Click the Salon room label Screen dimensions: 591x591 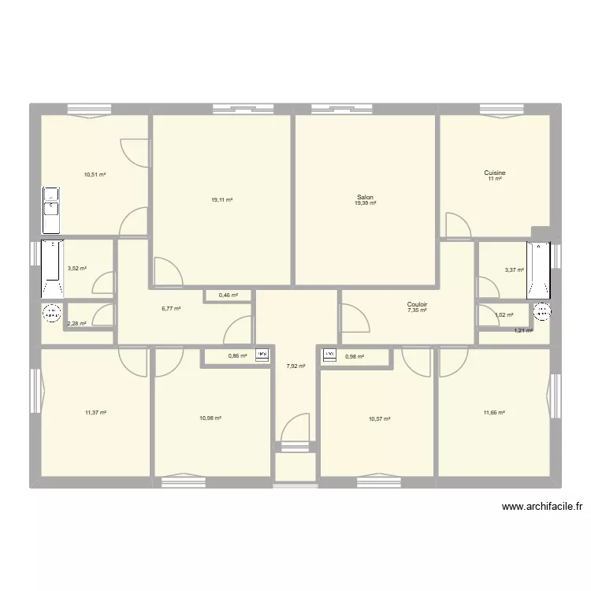(x=365, y=197)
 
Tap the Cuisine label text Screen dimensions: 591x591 (x=495, y=173)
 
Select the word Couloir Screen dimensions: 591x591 (x=417, y=304)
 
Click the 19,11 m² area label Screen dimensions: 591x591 (x=221, y=200)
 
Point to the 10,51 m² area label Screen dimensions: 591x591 (x=95, y=175)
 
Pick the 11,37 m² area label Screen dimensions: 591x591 (x=95, y=413)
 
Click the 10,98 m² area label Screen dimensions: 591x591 (x=210, y=418)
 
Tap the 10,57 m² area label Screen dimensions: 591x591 (x=380, y=418)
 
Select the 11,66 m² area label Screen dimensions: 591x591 (x=494, y=413)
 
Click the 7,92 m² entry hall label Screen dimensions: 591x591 (x=295, y=366)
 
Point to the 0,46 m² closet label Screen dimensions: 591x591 (x=229, y=295)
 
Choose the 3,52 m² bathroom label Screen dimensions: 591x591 (x=77, y=269)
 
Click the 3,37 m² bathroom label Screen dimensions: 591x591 (x=515, y=270)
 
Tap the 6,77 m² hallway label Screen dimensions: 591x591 (x=171, y=309)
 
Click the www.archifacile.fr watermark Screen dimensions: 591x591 (x=542, y=507)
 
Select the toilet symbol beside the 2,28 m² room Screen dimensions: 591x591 (x=52, y=313)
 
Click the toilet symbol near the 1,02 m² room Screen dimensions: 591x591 (x=542, y=311)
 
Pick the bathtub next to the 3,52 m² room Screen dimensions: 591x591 (x=52, y=269)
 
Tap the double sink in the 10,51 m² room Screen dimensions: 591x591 (x=51, y=210)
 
